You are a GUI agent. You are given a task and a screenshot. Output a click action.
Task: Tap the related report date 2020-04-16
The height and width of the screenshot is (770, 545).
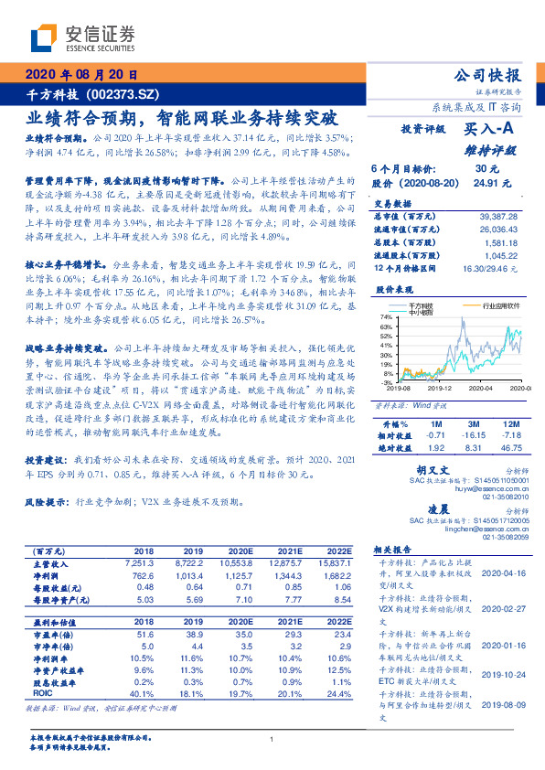498,572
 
